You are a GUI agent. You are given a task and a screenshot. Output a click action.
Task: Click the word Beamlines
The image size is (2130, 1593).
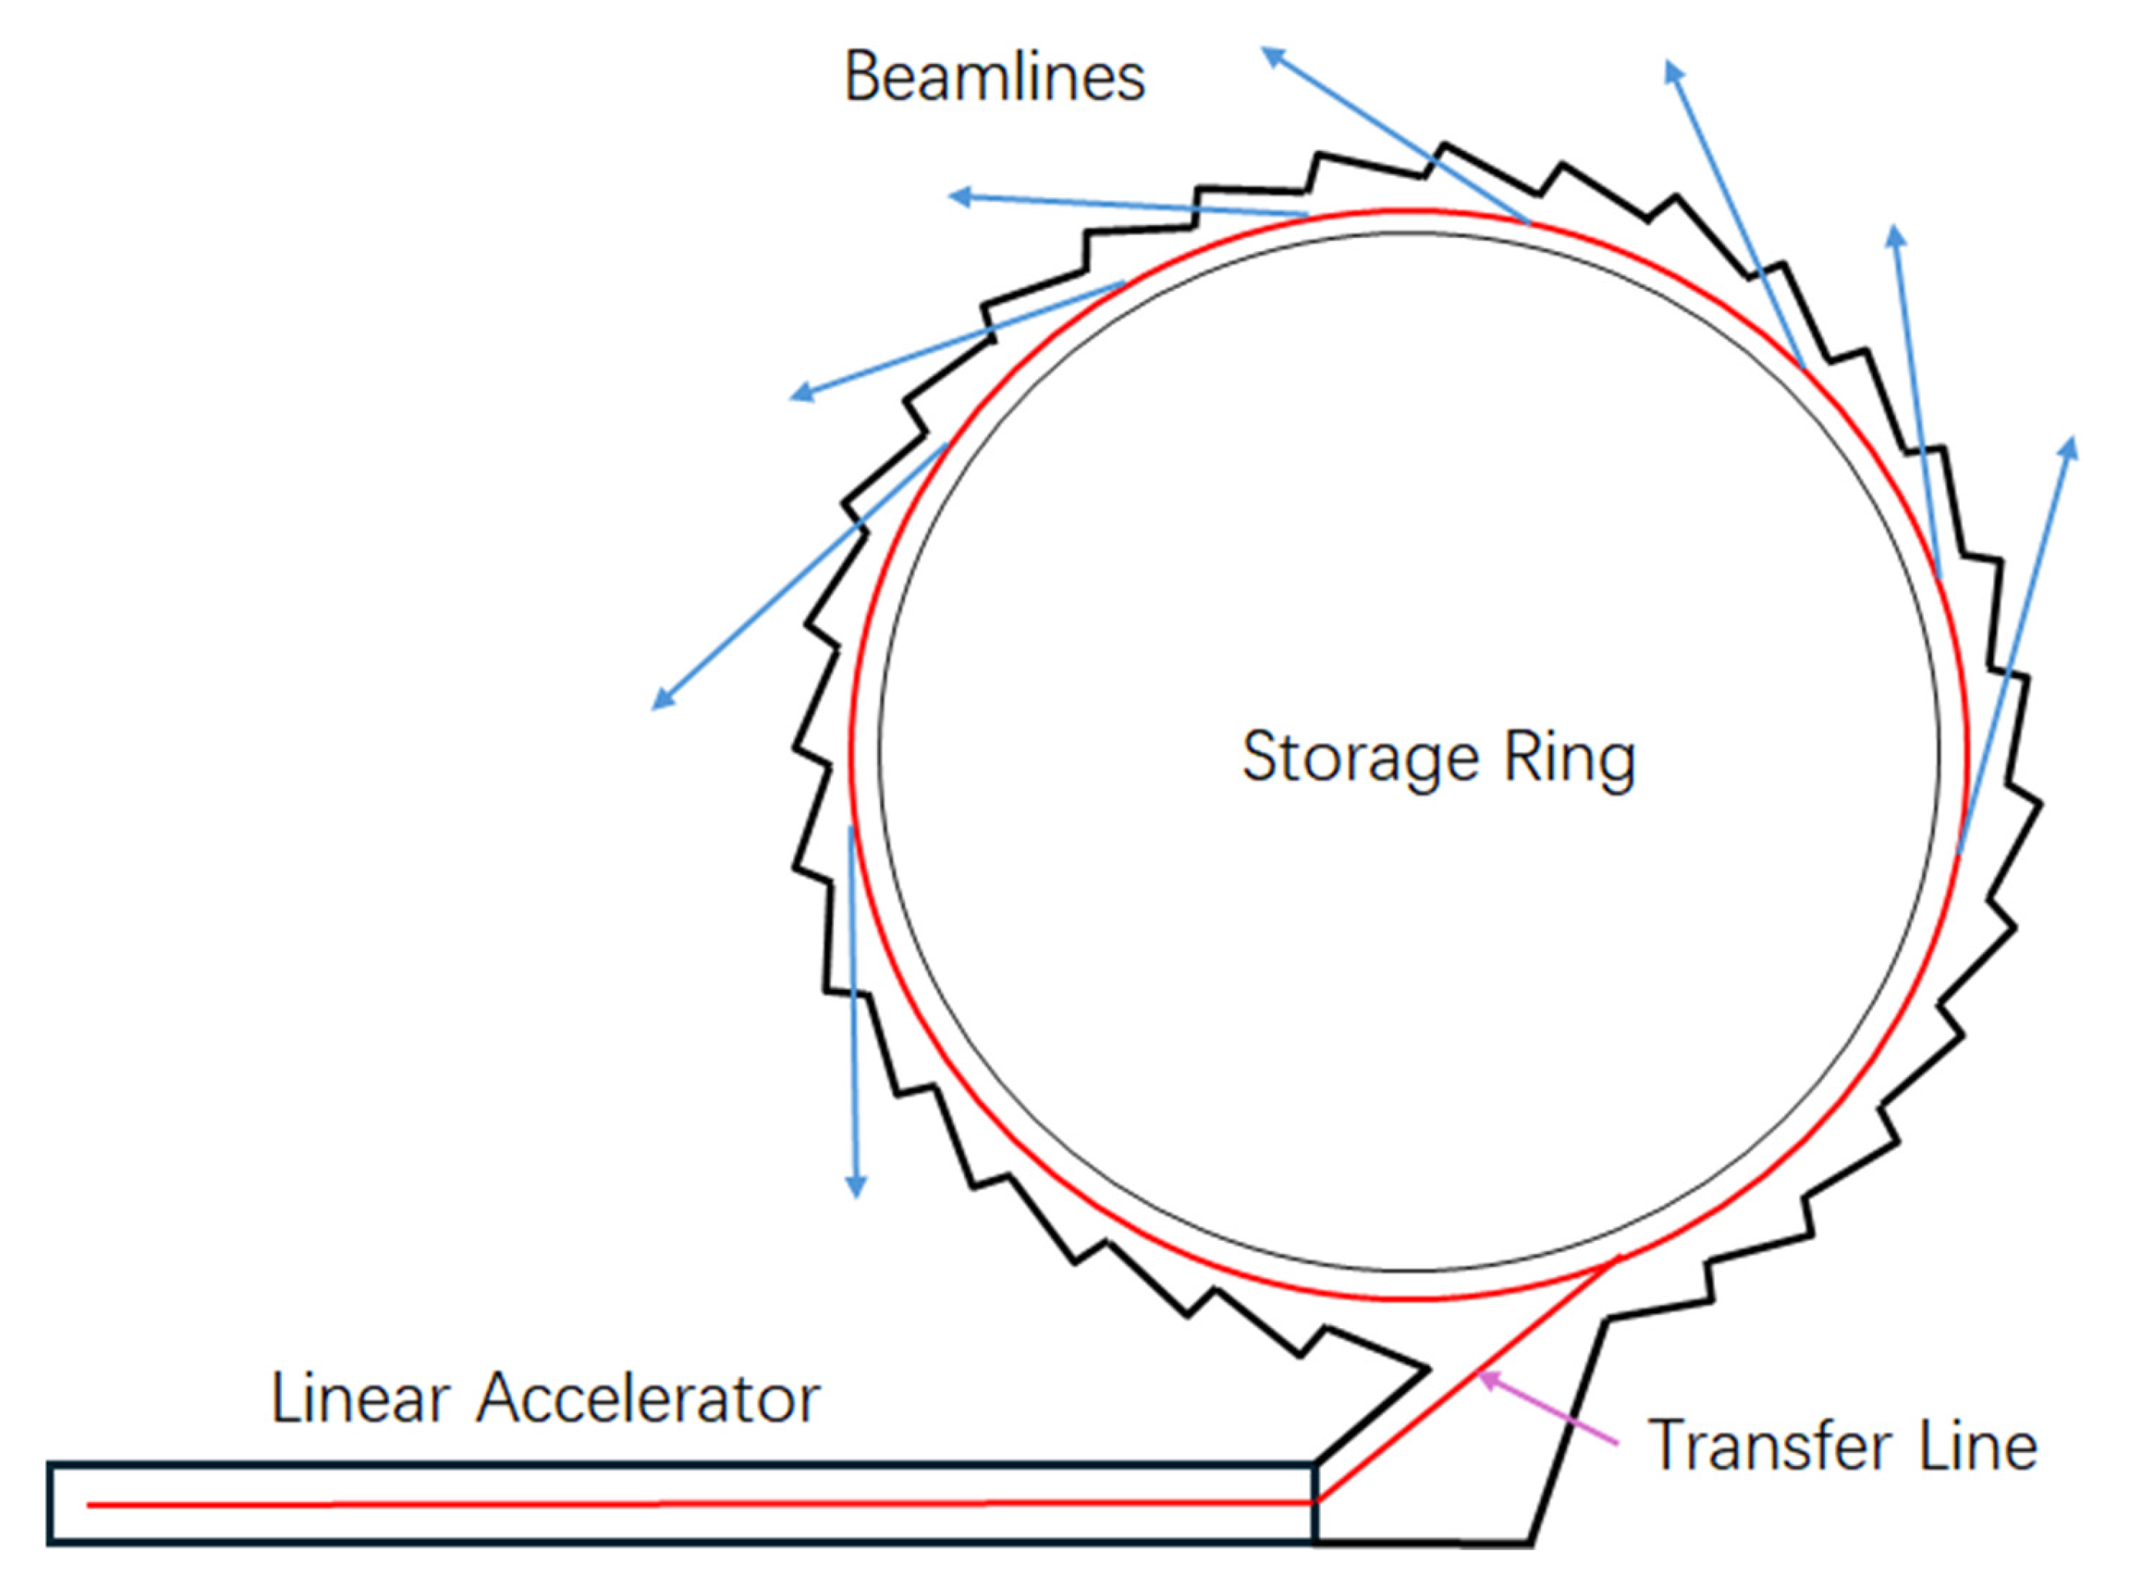[993, 77]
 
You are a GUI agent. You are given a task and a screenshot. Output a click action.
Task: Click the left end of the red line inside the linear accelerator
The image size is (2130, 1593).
[89, 1504]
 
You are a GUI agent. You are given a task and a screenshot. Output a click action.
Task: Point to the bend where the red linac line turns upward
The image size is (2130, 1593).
[1316, 1501]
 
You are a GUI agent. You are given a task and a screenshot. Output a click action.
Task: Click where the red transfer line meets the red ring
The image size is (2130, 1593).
[1619, 1258]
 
